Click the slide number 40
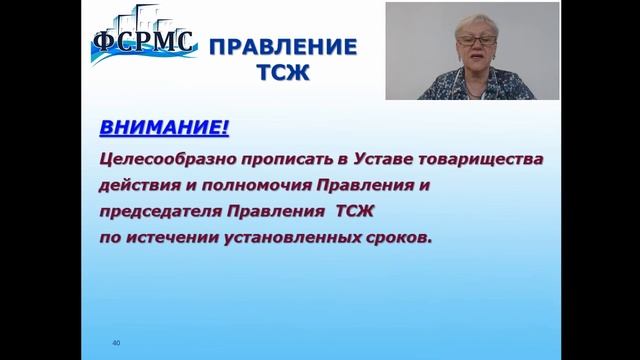pos(116,343)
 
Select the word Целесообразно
pos(159,159)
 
